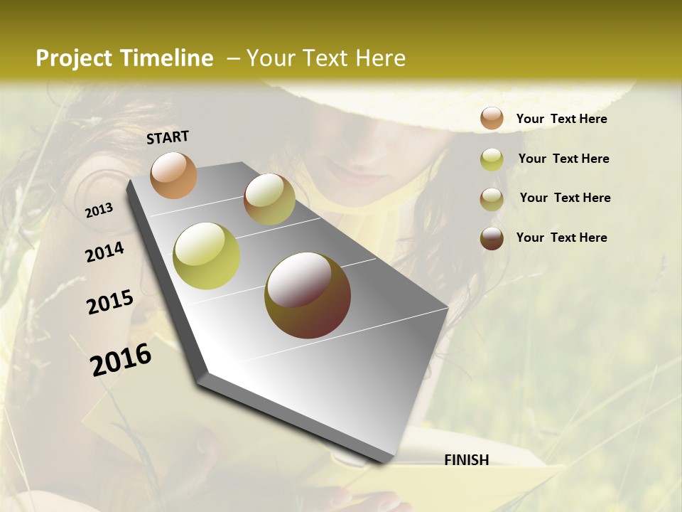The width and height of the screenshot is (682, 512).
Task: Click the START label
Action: point(168,137)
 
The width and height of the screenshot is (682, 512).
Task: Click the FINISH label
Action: point(467,460)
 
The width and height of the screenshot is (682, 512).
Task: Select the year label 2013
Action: point(99,210)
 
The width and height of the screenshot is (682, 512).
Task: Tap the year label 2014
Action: point(104,252)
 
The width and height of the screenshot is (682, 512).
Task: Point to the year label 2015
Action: point(110,302)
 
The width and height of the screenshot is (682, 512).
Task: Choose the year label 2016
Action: point(121,359)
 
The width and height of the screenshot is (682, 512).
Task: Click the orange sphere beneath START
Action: point(173,175)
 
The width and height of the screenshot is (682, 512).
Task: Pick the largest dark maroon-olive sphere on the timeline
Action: point(308,295)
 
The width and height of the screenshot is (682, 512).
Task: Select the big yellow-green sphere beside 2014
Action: point(207,255)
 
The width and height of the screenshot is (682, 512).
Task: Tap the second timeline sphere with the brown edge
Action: point(269,199)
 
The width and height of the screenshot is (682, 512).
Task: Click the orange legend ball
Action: point(492,118)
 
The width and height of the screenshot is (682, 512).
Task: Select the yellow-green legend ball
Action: point(492,159)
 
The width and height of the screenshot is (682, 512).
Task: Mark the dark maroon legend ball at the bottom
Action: point(492,238)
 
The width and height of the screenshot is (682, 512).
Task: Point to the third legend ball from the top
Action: point(492,199)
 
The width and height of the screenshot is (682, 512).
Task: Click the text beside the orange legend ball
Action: point(561,119)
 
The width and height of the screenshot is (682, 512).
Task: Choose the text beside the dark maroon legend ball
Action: point(561,238)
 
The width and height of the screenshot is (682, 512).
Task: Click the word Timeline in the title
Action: point(168,58)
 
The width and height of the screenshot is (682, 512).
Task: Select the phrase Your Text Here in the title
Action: point(326,58)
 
